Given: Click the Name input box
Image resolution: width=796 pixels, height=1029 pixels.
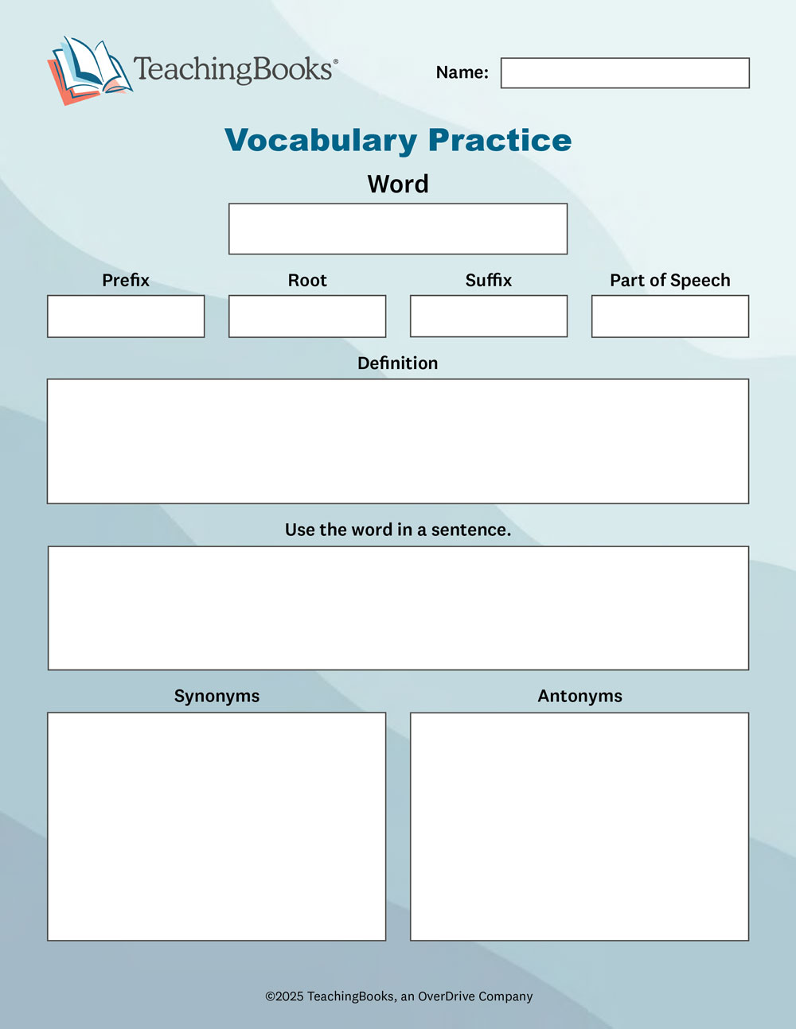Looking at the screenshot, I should point(625,73).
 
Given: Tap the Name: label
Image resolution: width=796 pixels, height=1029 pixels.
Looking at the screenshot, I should point(462,72).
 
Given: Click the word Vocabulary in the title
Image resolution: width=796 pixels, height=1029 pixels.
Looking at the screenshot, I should point(320,141).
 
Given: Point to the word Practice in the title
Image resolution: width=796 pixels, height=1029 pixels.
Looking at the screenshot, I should point(500,140).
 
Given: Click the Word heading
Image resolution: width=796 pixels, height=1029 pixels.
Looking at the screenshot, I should point(398,184).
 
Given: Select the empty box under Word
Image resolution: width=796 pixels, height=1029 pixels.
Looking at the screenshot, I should point(398,229).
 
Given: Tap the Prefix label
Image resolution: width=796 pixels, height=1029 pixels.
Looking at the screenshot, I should point(126,280).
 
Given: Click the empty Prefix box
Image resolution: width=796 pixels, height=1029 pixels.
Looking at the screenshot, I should point(126,316).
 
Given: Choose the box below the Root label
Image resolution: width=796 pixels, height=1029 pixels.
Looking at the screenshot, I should point(307,316).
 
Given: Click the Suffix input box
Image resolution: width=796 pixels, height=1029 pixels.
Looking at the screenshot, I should point(489,316).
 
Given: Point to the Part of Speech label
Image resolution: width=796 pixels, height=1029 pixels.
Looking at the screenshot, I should point(669,280).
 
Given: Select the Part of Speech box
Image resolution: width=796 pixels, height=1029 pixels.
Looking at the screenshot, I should point(669,316).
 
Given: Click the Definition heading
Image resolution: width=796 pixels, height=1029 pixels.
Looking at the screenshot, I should point(397,363).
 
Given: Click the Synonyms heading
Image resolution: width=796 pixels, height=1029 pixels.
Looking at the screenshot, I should point(217,696).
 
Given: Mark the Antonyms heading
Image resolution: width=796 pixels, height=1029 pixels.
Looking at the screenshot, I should point(579,696).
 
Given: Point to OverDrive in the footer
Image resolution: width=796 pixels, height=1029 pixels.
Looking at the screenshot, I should point(447,996).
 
